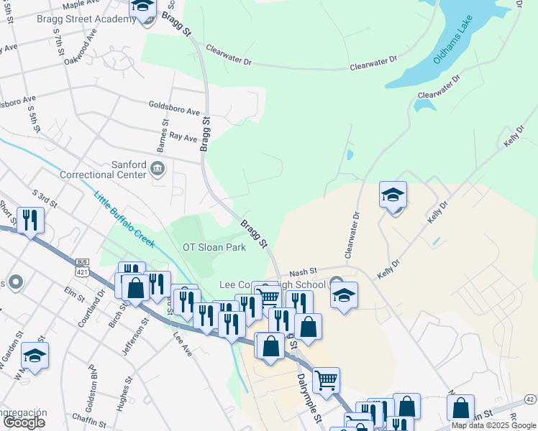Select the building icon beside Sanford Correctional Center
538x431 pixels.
pyautogui.click(x=158, y=170)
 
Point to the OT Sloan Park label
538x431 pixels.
pyautogui.click(x=214, y=247)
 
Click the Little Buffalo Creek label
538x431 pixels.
pyautogui.click(x=124, y=219)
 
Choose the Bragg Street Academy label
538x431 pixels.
pyautogui.click(x=86, y=19)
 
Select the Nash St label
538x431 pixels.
pyautogui.click(x=303, y=272)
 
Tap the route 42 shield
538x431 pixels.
pyautogui.click(x=530, y=399)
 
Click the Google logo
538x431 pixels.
pyautogui.click(x=24, y=422)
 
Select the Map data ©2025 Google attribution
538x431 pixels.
pyautogui.click(x=493, y=425)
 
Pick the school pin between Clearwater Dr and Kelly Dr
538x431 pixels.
pyautogui.click(x=393, y=195)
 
